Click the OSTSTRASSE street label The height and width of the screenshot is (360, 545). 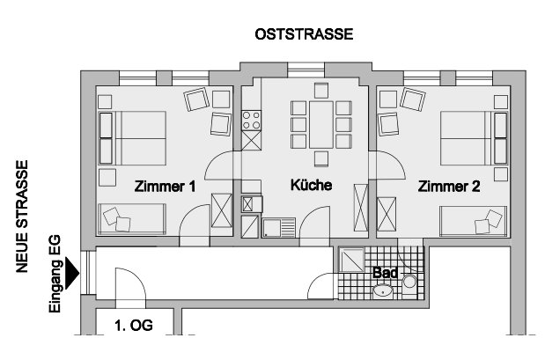(304, 34)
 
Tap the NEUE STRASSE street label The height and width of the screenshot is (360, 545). (22, 217)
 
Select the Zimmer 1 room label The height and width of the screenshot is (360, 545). (166, 187)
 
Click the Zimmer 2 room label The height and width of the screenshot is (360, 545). (449, 187)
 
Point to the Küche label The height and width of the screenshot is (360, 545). (311, 185)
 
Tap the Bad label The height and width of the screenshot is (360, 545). (385, 273)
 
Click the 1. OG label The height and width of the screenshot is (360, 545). (134, 326)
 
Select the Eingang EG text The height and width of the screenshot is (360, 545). (55, 274)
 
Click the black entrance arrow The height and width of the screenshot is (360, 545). (72, 273)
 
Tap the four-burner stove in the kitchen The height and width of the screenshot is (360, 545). (251, 121)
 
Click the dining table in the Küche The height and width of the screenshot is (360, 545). (321, 124)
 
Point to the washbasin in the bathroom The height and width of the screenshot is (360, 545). (383, 291)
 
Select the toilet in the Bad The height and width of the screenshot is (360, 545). (409, 286)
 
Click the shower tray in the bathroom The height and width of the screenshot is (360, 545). (351, 260)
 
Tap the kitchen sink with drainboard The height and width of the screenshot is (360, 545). (279, 228)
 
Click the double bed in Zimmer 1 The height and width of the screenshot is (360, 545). (132, 138)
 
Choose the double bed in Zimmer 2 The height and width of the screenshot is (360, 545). (474, 138)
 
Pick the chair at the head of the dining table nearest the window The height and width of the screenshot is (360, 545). (321, 91)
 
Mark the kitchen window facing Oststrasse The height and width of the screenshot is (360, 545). (306, 70)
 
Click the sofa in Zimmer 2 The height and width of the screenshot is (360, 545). (474, 221)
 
